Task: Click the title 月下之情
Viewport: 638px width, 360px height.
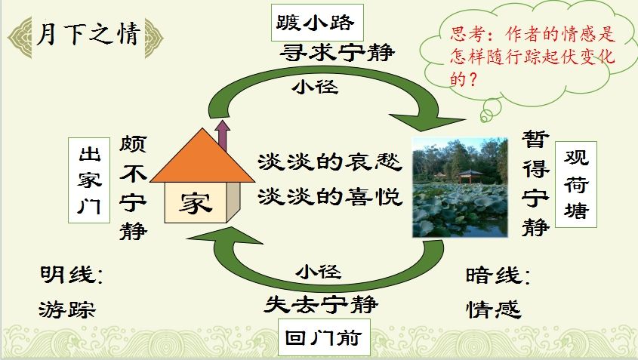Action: [x=88, y=33]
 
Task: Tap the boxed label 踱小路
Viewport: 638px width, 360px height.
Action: [x=317, y=23]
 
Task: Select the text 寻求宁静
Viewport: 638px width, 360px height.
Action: [x=337, y=53]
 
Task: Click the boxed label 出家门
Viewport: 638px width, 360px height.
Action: [x=89, y=180]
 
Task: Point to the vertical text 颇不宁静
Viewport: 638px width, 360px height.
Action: [x=133, y=188]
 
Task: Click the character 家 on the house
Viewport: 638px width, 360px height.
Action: [x=196, y=202]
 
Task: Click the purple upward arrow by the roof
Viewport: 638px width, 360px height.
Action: [x=222, y=134]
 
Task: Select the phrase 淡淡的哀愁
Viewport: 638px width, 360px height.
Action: [x=330, y=162]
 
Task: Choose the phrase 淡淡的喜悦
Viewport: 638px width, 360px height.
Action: [x=330, y=197]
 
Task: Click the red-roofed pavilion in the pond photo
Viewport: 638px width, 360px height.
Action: [x=470, y=177]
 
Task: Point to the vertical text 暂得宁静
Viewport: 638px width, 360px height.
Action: [x=536, y=183]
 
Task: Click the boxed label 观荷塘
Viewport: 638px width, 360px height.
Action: [x=576, y=184]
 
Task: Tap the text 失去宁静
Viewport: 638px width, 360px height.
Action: [x=321, y=304]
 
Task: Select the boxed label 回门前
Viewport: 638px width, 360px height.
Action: [x=324, y=337]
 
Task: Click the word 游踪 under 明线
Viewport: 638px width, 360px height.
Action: [x=67, y=309]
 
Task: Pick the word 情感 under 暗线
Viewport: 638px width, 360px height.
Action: [x=494, y=309]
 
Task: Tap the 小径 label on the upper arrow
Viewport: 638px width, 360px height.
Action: [x=315, y=87]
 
